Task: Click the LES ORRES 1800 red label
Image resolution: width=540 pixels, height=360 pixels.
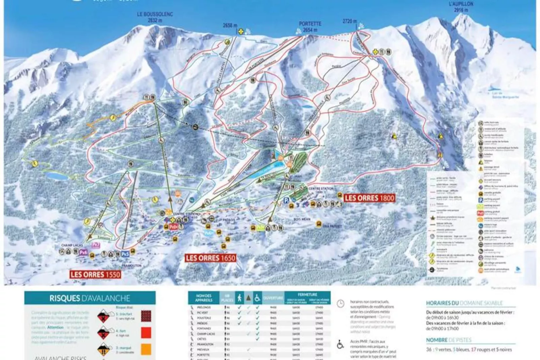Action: (x=369, y=198)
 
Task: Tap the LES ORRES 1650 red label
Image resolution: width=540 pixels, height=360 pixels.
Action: (x=210, y=258)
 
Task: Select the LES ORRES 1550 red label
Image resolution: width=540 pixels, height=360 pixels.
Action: (x=95, y=275)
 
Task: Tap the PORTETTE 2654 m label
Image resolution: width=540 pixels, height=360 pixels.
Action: (x=310, y=27)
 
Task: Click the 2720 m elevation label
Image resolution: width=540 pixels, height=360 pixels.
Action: (x=350, y=21)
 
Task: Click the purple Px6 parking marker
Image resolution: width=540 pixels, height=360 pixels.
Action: (x=83, y=252)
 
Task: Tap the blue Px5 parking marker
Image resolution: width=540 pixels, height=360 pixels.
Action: (x=125, y=254)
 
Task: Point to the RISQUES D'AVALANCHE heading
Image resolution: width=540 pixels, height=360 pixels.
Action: (x=90, y=298)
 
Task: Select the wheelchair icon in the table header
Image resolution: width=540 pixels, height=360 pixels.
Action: (x=257, y=298)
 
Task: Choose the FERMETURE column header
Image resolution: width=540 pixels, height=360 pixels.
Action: (x=307, y=294)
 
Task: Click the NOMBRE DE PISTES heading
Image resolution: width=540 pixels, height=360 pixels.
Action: (x=449, y=340)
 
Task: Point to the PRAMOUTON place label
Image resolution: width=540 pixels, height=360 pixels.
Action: (x=131, y=265)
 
